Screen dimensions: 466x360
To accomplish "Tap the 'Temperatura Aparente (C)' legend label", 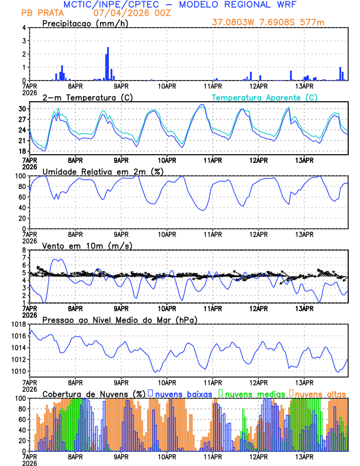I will click(x=264, y=97).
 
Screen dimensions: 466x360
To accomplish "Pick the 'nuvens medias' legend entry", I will click(x=250, y=393).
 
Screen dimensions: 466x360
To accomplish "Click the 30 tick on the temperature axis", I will click(x=22, y=109).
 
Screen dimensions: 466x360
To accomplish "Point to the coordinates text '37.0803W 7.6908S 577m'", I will click(x=268, y=22).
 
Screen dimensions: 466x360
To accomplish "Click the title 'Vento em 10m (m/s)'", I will click(x=87, y=245).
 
